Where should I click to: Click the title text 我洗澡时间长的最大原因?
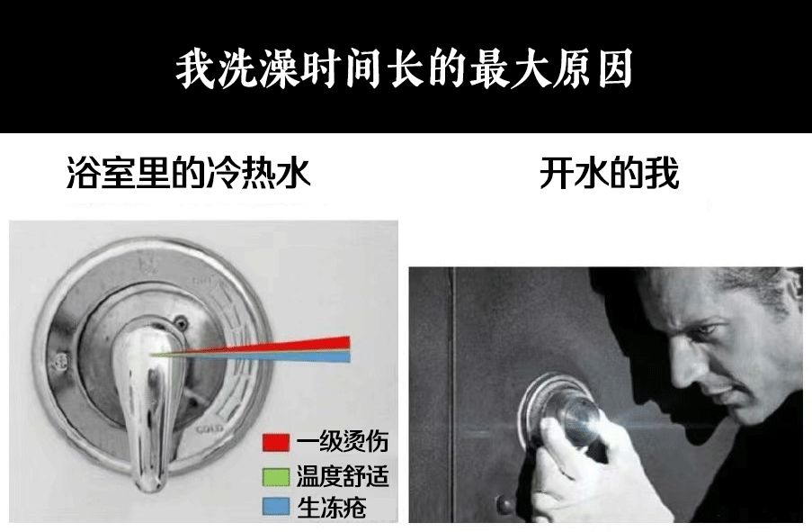click(x=404, y=68)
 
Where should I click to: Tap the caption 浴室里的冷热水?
click(x=189, y=173)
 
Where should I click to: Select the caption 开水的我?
click(x=609, y=173)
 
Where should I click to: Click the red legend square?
click(x=275, y=442)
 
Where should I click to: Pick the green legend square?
click(x=275, y=477)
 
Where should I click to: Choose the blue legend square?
click(x=275, y=507)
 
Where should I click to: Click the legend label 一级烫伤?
click(x=343, y=442)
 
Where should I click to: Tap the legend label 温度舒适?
click(x=343, y=476)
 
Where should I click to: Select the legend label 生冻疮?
click(x=332, y=507)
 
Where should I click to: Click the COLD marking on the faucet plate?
click(x=210, y=429)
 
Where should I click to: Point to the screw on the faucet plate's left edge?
click(x=60, y=361)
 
